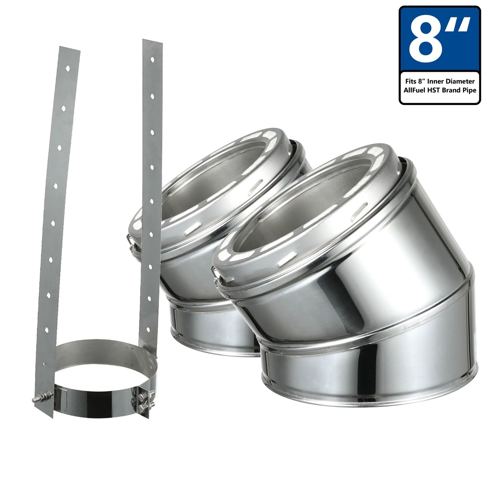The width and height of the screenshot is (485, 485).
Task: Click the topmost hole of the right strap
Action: coord(152,59)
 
